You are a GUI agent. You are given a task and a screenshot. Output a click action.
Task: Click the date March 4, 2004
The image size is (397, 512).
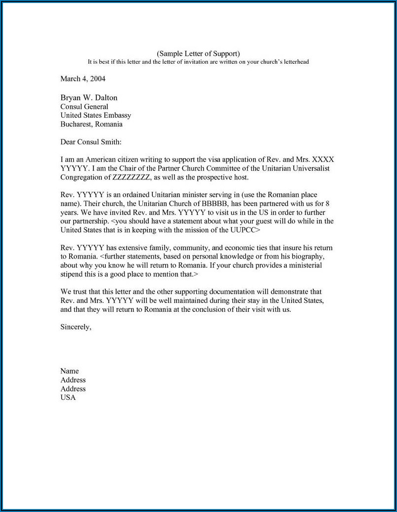pyautogui.click(x=83, y=79)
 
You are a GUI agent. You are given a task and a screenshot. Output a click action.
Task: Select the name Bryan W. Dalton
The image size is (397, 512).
pyautogui.click(x=89, y=98)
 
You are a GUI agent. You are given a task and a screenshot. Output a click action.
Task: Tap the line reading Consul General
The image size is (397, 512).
pyautogui.click(x=84, y=107)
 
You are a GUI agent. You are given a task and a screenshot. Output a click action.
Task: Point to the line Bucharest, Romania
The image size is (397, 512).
pyautogui.click(x=91, y=125)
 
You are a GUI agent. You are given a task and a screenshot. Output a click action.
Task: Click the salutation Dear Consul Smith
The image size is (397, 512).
pyautogui.click(x=90, y=142)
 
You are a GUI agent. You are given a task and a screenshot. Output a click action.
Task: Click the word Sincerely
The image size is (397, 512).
pyautogui.click(x=76, y=327)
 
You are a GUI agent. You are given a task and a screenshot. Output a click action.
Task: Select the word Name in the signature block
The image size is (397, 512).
pyautogui.click(x=70, y=371)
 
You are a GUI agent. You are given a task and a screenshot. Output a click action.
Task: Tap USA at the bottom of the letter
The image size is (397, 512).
pyautogui.click(x=68, y=398)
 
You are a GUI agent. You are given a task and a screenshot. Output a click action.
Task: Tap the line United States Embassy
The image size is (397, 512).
pyautogui.click(x=95, y=116)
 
